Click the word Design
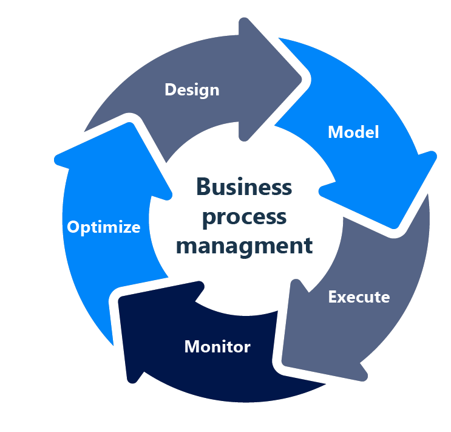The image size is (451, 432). [192, 90]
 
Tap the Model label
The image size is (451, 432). [353, 132]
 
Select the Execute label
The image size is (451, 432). [359, 297]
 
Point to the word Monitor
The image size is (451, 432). [217, 346]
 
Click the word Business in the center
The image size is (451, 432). [244, 187]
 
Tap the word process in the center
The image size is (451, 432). [243, 216]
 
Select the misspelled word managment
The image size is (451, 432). [244, 245]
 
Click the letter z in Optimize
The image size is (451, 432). [126, 228]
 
